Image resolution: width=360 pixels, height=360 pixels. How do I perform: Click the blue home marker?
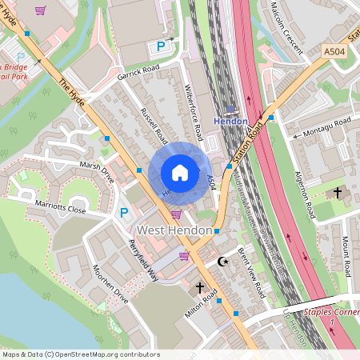pos(180,172)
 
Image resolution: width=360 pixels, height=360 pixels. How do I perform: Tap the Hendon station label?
pos(231,121)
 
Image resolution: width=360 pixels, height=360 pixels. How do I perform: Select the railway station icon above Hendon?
pos(231,109)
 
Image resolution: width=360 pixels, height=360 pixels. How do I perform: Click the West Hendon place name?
pos(175,230)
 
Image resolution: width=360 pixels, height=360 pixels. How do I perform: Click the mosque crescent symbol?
pos(223,262)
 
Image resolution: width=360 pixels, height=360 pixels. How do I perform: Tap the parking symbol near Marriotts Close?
pos(124,213)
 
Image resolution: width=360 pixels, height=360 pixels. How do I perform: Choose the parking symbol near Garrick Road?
pos(161,46)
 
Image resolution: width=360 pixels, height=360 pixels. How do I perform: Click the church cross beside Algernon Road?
pos(338,193)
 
